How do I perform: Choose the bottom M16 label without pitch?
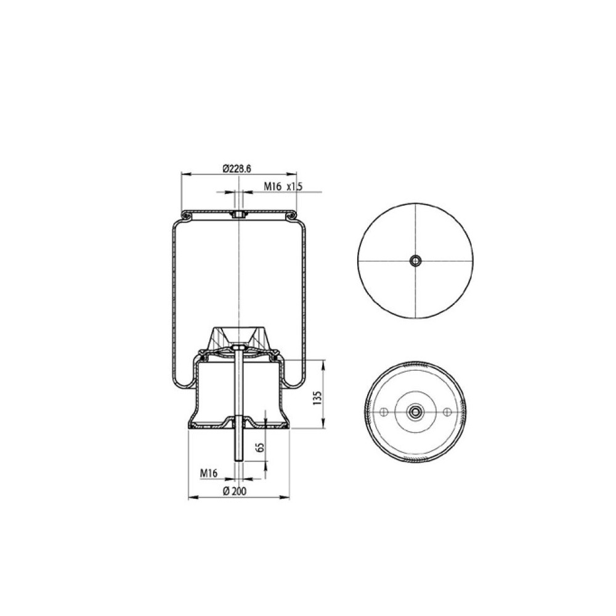210,473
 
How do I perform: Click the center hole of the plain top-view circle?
416,261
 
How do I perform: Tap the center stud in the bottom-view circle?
416,412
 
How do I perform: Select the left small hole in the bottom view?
384,412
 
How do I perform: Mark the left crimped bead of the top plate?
185,215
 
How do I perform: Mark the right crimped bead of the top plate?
290,215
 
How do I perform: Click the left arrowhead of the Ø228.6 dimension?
182,174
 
